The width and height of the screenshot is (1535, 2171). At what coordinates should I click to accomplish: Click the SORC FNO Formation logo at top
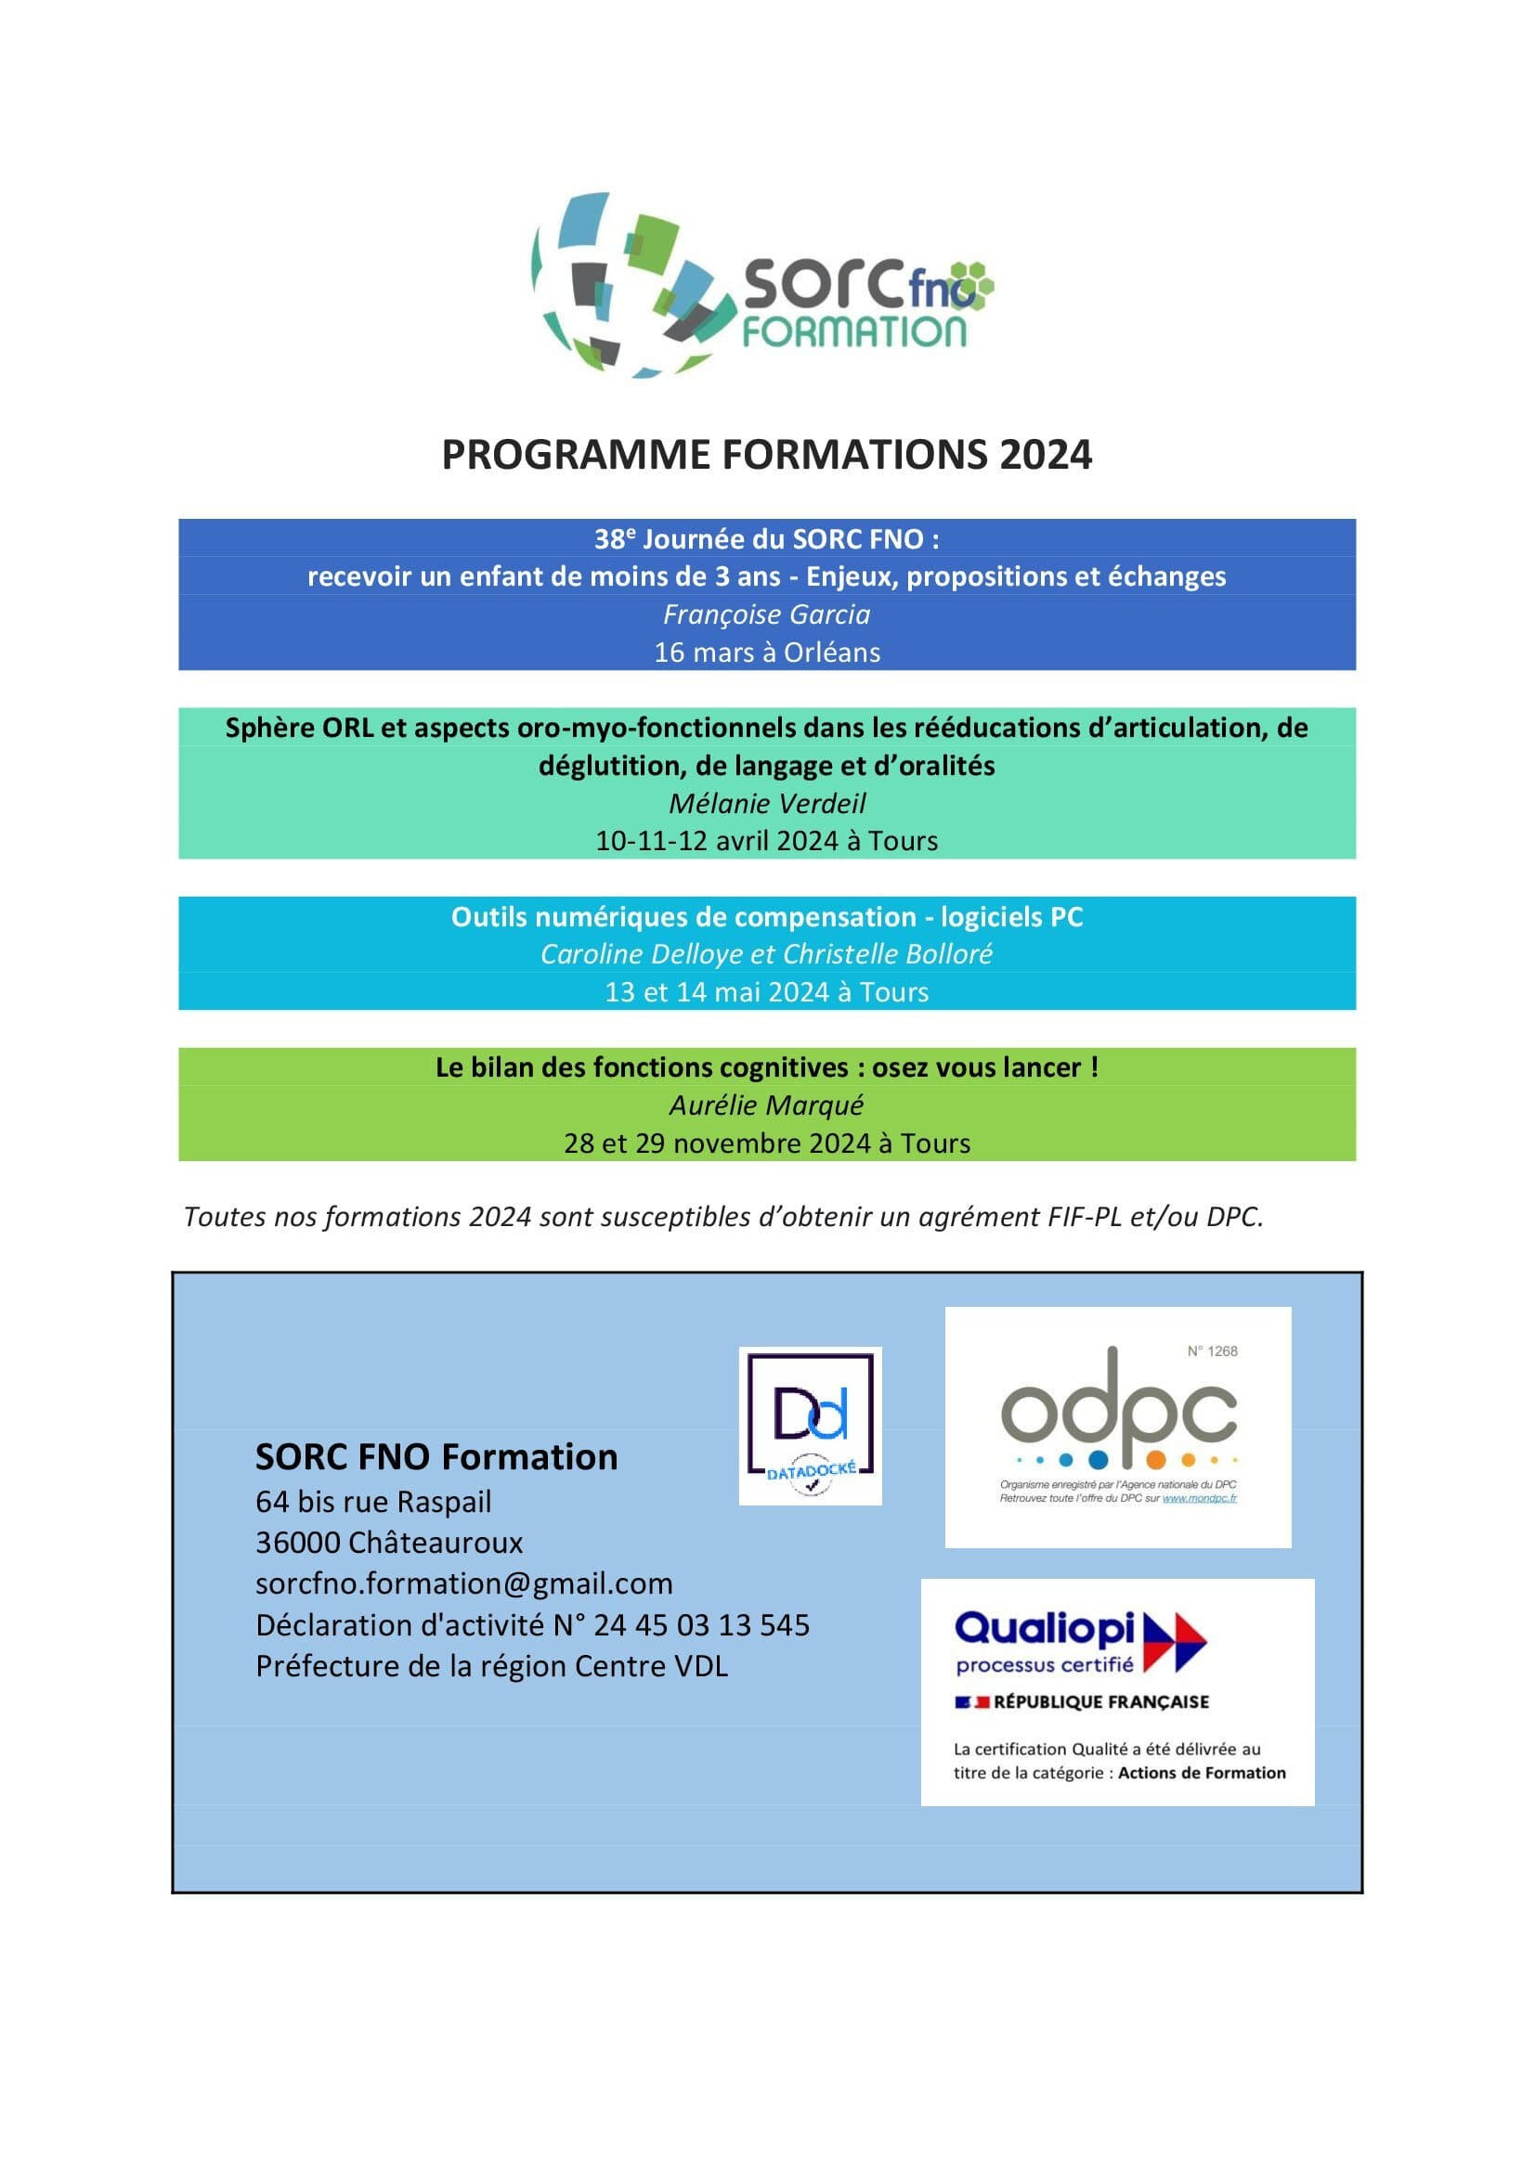pyautogui.click(x=761, y=286)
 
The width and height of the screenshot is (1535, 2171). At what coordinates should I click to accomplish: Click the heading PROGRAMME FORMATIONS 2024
pyautogui.click(x=766, y=455)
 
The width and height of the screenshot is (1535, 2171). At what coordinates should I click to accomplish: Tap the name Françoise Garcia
pyautogui.click(x=766, y=614)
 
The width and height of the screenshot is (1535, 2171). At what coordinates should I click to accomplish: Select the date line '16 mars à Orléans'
pyautogui.click(x=766, y=653)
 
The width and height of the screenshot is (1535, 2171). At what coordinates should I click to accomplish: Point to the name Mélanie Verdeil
pyautogui.click(x=766, y=804)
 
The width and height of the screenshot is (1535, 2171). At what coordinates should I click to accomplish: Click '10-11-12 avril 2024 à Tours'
pyautogui.click(x=766, y=841)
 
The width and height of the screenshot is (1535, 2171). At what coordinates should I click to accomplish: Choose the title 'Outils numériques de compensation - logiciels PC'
pyautogui.click(x=766, y=916)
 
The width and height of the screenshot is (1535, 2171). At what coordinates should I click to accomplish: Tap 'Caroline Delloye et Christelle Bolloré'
pyautogui.click(x=766, y=954)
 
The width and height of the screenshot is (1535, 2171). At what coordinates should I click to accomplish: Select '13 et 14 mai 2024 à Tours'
pyautogui.click(x=766, y=992)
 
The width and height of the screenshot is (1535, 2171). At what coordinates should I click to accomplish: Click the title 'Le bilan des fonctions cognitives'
pyautogui.click(x=766, y=1067)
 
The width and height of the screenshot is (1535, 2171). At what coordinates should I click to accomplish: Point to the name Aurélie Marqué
pyautogui.click(x=766, y=1105)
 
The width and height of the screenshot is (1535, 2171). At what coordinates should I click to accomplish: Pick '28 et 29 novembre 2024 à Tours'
pyautogui.click(x=766, y=1144)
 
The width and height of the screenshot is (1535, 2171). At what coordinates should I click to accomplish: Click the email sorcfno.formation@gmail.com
pyautogui.click(x=463, y=1583)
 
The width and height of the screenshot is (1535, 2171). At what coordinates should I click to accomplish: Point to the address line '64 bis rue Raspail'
pyautogui.click(x=373, y=1502)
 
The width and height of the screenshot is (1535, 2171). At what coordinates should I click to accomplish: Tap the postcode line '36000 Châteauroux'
pyautogui.click(x=389, y=1543)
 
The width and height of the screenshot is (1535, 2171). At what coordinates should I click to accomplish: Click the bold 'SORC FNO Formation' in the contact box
pyautogui.click(x=436, y=1457)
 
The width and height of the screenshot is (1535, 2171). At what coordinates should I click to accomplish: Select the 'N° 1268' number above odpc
pyautogui.click(x=1212, y=1351)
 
